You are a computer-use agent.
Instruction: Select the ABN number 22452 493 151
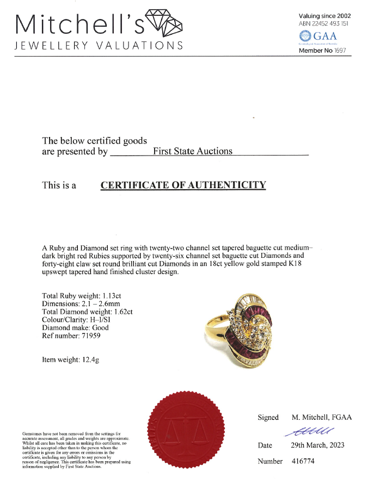click(x=333, y=24)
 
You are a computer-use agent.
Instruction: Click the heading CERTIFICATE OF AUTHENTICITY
click(x=183, y=185)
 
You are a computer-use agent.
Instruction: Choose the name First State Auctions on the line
click(x=192, y=151)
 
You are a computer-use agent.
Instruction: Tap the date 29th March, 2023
click(x=317, y=445)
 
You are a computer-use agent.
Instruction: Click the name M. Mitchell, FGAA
click(x=320, y=417)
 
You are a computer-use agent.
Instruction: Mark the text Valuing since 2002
click(x=325, y=16)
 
